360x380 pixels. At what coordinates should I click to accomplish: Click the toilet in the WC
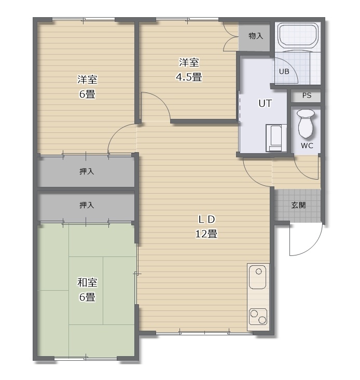coord(306,123)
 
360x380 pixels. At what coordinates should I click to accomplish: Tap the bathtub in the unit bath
coord(298,35)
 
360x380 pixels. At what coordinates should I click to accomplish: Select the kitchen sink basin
coord(258,277)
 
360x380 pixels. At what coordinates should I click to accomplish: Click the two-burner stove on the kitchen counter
coord(258,317)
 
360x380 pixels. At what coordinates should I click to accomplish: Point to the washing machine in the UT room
coord(276,138)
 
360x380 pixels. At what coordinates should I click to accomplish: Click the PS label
coord(307,96)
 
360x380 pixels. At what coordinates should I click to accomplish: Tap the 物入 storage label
coord(256,36)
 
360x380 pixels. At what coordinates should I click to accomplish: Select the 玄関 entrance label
coord(298,205)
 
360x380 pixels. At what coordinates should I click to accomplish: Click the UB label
coord(284,72)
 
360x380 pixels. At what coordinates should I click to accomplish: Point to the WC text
coord(307,146)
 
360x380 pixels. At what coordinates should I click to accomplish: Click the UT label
coord(265,103)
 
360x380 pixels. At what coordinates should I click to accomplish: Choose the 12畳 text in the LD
coord(206,234)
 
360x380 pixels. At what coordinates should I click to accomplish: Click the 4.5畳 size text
coord(189,77)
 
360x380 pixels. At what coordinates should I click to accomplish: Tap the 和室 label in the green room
coord(87,282)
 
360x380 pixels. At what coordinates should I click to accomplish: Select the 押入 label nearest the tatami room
coord(87,205)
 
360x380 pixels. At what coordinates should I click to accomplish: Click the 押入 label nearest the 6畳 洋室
coord(87,172)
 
